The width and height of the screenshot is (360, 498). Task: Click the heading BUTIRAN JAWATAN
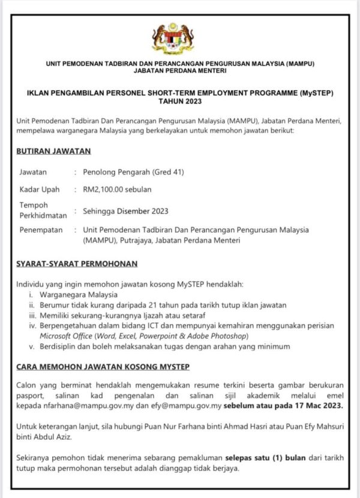click(x=54, y=151)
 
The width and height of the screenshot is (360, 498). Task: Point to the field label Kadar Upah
click(x=40, y=190)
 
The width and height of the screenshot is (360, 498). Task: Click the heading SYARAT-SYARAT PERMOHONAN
click(x=77, y=263)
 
